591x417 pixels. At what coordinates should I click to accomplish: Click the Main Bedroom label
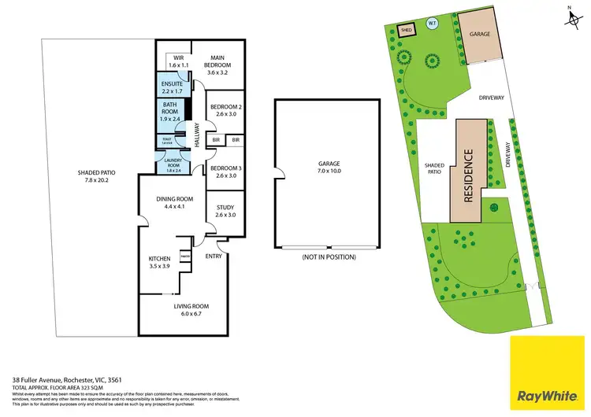tap(217, 61)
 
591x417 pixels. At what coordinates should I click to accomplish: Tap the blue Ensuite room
tap(172, 87)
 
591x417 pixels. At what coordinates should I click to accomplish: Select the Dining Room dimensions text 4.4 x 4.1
tap(170, 207)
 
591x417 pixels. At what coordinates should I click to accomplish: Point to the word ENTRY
tap(214, 256)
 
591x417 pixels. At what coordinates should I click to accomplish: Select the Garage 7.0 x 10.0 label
tap(325, 166)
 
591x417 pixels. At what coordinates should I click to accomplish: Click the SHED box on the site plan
tap(407, 30)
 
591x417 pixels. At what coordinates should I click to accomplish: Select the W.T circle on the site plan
tap(432, 24)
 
